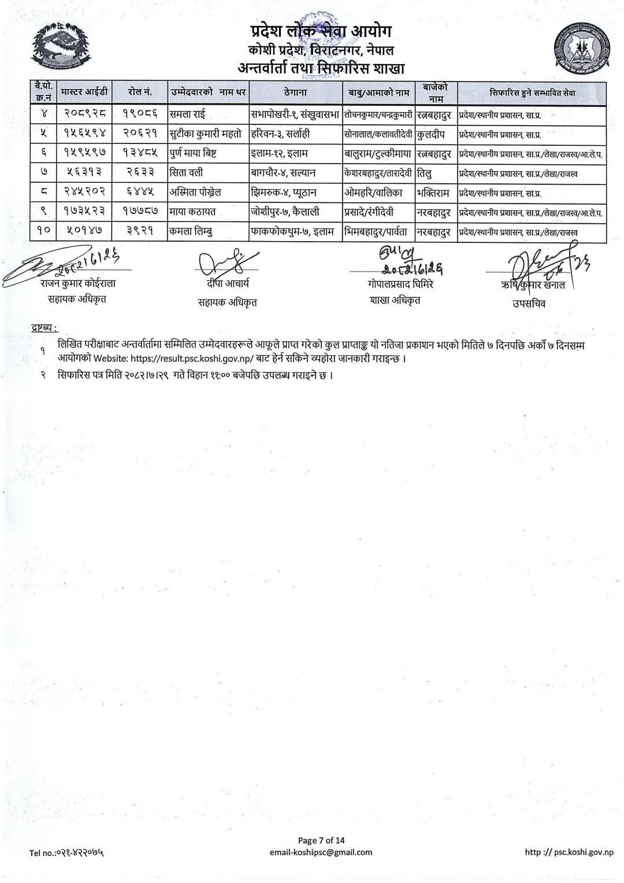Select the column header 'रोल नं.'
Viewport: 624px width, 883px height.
click(x=140, y=93)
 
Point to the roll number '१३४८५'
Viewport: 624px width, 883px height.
click(x=140, y=154)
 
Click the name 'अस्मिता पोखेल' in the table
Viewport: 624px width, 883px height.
click(x=196, y=193)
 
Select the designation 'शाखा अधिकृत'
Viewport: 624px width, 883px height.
click(x=395, y=300)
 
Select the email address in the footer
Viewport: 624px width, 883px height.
click(x=321, y=852)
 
